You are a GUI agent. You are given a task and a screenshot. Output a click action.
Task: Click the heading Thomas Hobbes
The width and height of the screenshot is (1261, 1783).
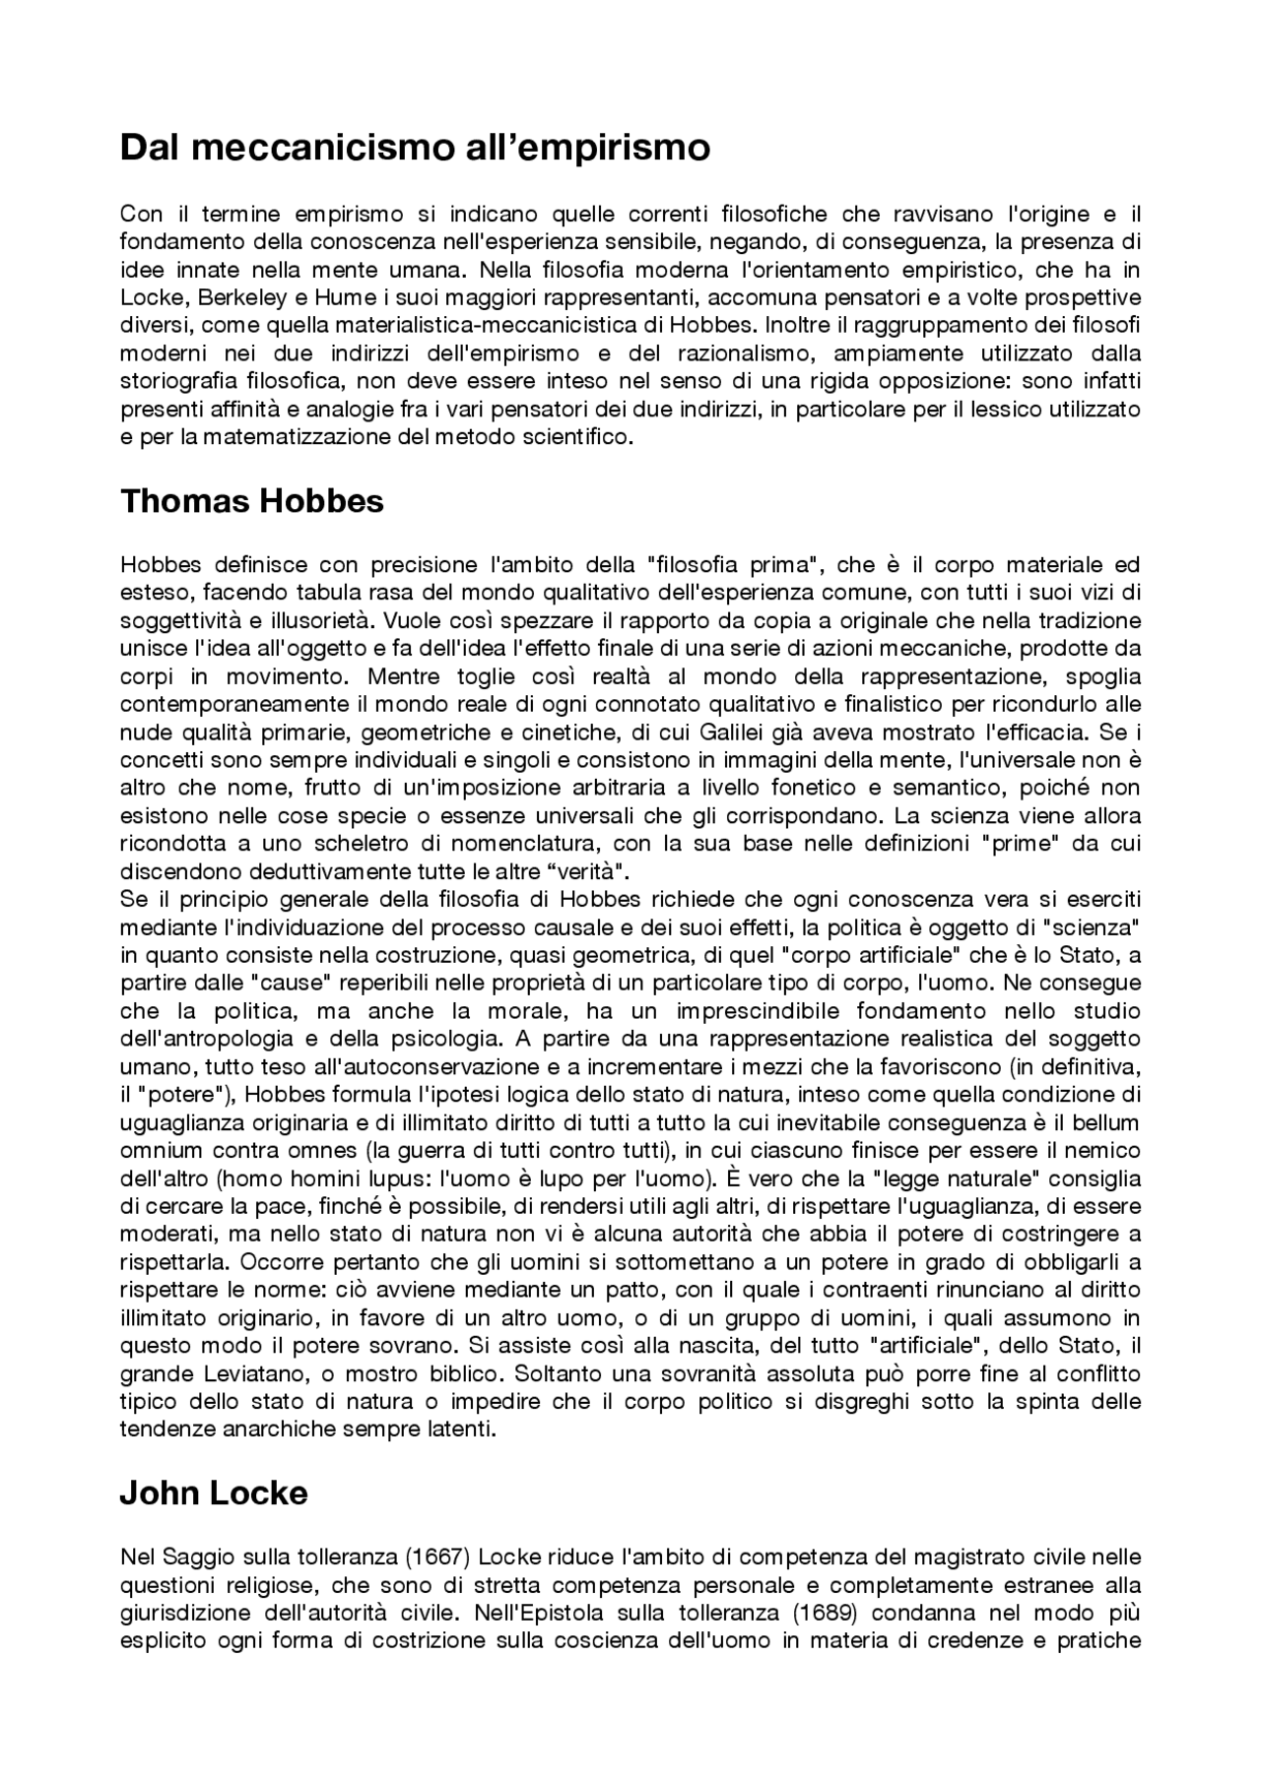(x=251, y=501)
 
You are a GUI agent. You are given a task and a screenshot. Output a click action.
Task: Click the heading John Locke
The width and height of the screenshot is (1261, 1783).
(x=213, y=1494)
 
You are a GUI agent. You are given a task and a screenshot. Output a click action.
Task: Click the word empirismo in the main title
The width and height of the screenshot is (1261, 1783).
(x=612, y=148)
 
